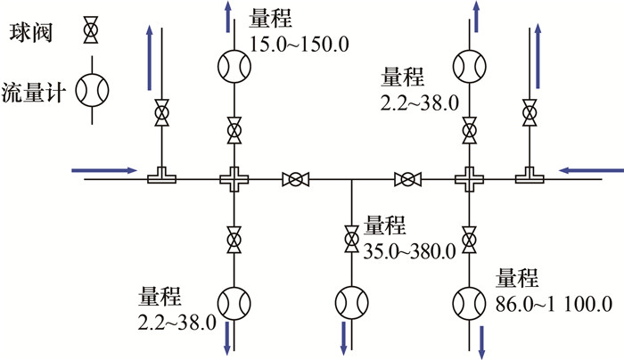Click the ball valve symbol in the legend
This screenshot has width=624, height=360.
90,30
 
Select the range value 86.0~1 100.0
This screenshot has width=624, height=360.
553,303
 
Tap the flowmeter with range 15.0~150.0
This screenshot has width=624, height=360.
234,64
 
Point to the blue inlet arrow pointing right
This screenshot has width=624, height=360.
104,168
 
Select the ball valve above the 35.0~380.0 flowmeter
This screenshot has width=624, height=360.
350,239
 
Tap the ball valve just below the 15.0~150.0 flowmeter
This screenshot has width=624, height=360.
234,131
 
